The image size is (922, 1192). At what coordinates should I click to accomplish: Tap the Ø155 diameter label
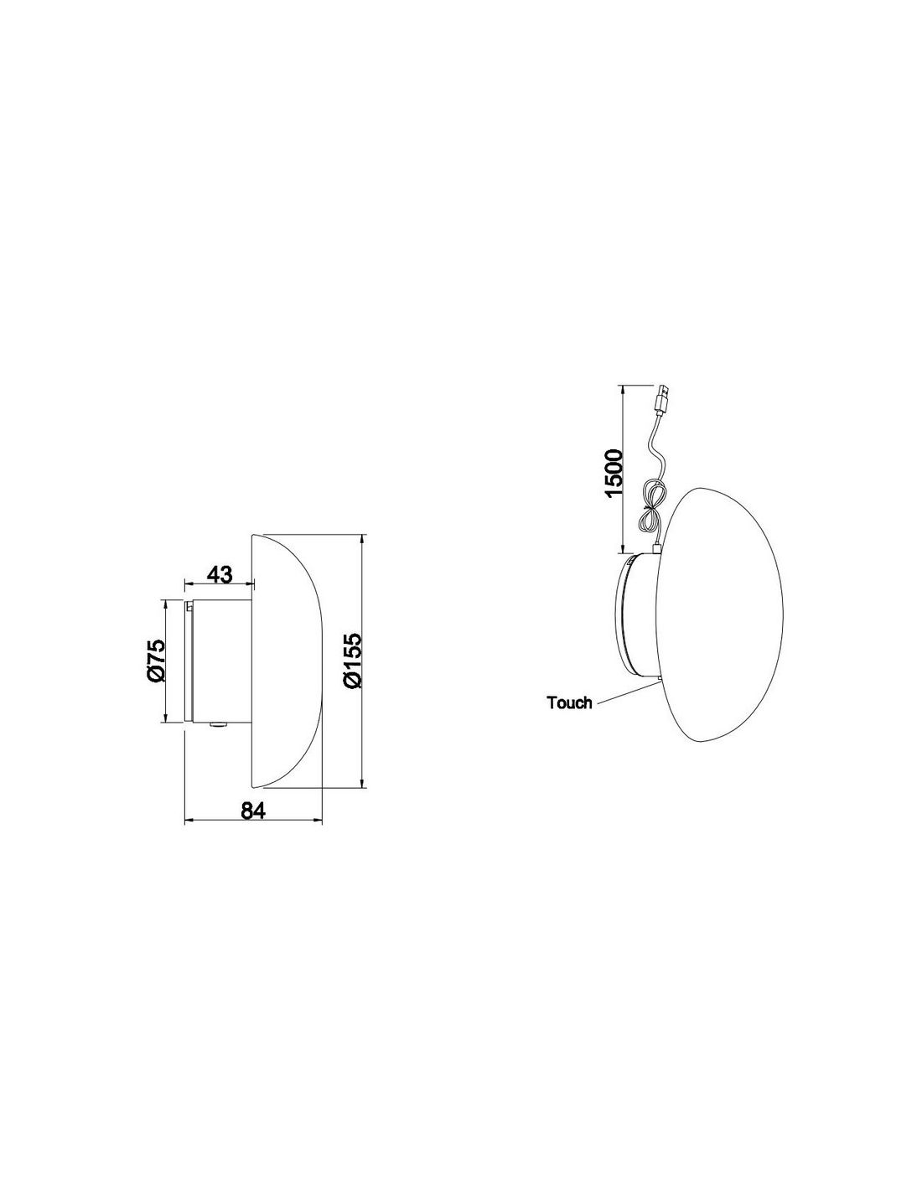click(x=351, y=660)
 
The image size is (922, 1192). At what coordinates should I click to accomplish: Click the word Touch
click(x=569, y=702)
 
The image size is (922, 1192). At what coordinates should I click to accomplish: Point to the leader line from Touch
click(x=626, y=693)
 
